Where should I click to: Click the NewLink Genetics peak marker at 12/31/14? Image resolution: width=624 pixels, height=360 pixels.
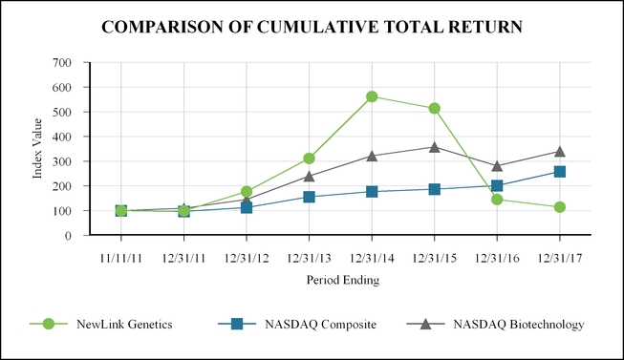pyautogui.click(x=372, y=96)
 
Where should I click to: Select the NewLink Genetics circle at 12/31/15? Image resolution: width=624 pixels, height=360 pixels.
pyautogui.click(x=435, y=108)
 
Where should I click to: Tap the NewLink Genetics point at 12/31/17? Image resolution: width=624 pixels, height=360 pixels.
pyautogui.click(x=560, y=207)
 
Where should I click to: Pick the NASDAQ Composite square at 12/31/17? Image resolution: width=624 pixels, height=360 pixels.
pyautogui.click(x=560, y=172)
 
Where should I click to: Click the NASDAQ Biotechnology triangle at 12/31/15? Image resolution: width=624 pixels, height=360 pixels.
pyautogui.click(x=435, y=147)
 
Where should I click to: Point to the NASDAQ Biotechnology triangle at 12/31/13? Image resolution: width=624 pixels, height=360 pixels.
pyautogui.click(x=310, y=176)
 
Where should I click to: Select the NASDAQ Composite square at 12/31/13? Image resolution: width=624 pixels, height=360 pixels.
pyautogui.click(x=310, y=197)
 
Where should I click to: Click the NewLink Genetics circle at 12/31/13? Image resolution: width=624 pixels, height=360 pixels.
pyautogui.click(x=310, y=159)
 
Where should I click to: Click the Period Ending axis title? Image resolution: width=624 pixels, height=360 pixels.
pyautogui.click(x=340, y=280)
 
